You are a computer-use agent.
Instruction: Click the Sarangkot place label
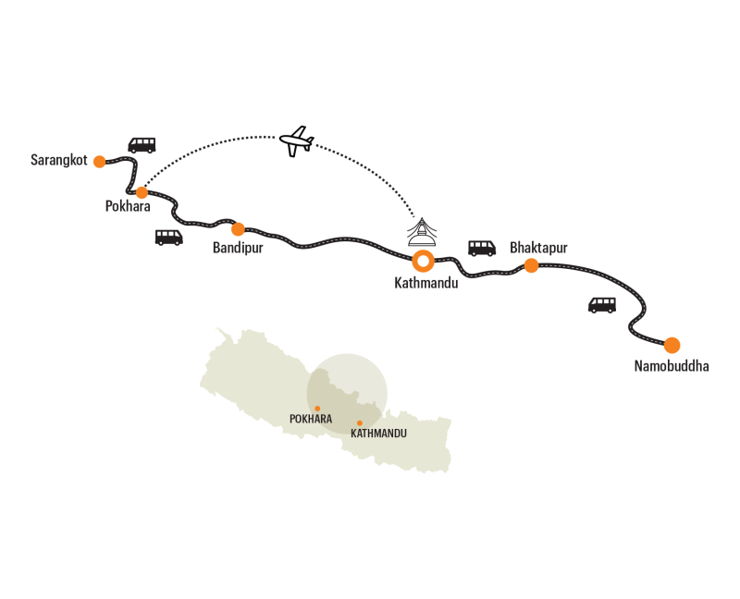coord(59,161)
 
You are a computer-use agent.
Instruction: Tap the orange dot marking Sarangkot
coord(100,161)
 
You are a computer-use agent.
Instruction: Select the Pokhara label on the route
coord(128,208)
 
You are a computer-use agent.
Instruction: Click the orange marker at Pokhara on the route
coord(142,192)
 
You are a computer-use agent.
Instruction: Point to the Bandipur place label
coord(239,248)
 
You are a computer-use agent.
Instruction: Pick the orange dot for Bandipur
coord(238,228)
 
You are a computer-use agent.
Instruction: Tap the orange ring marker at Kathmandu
coord(423,261)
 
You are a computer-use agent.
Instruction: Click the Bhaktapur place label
coord(538,248)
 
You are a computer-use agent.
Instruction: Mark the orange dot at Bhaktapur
coord(531,265)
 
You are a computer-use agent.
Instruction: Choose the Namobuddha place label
coord(672,366)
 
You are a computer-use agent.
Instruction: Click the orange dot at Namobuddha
coord(672,345)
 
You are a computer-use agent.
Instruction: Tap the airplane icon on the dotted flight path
coord(297,141)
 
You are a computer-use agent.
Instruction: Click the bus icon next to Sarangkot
coord(142,145)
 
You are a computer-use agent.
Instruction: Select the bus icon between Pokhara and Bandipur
coord(168,238)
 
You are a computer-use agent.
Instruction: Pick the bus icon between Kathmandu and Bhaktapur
coord(482,247)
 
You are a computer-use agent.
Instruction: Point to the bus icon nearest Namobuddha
coord(602,305)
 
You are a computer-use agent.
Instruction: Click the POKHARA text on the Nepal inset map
coord(310,419)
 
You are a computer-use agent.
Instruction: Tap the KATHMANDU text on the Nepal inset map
coord(379,433)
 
